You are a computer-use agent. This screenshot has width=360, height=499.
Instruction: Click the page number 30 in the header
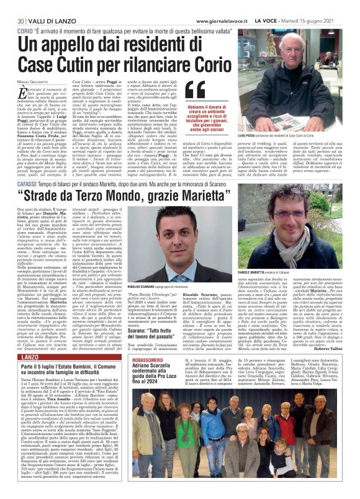20,6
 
